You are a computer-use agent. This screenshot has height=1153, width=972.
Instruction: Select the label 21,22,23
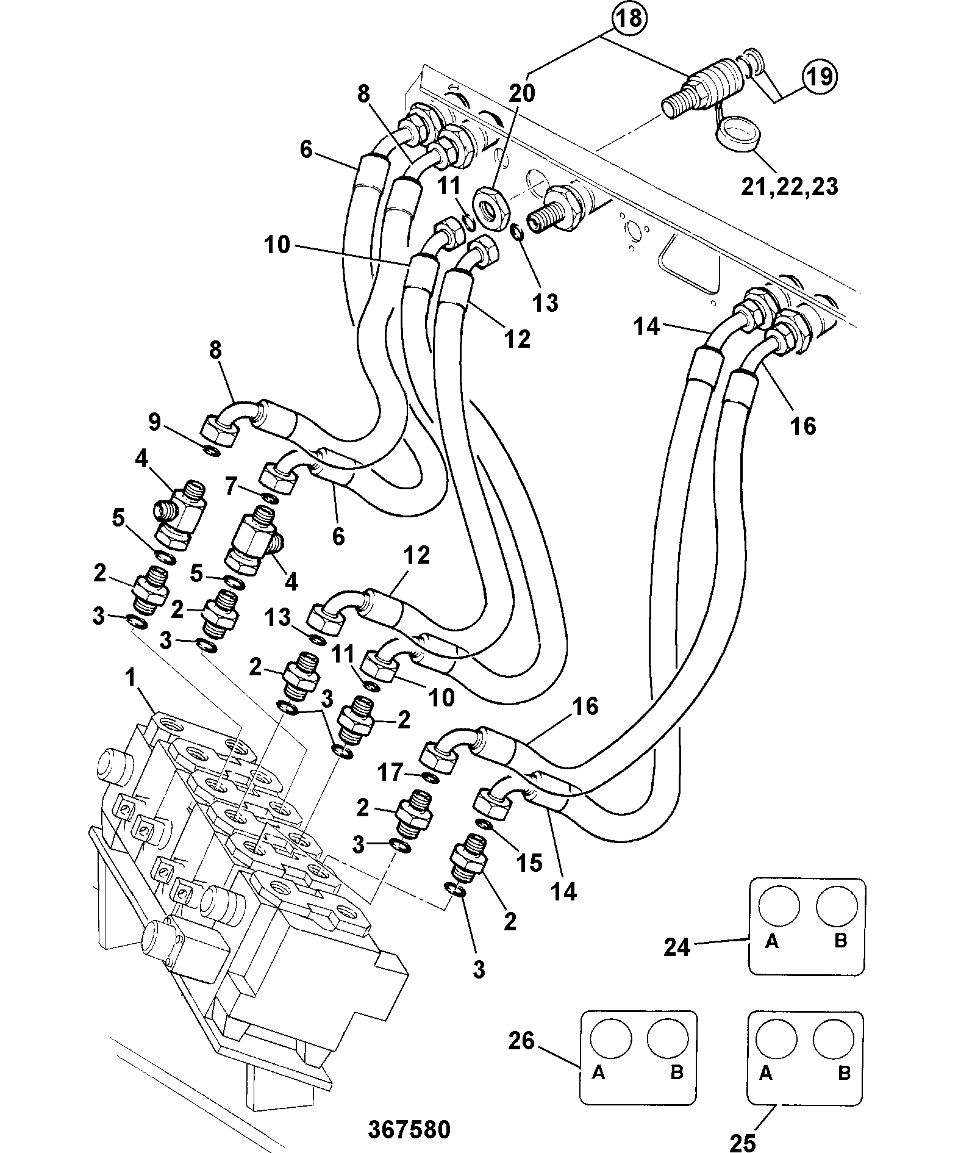coord(789,187)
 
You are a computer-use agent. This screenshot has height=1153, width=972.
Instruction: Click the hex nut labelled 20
coord(491,204)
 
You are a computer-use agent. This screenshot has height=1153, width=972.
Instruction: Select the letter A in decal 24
coord(772,959)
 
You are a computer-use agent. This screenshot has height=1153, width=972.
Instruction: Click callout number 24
coord(677,964)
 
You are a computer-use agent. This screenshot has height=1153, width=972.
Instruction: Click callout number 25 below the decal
coord(743,1142)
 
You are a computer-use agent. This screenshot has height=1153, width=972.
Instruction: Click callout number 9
coord(155,422)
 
